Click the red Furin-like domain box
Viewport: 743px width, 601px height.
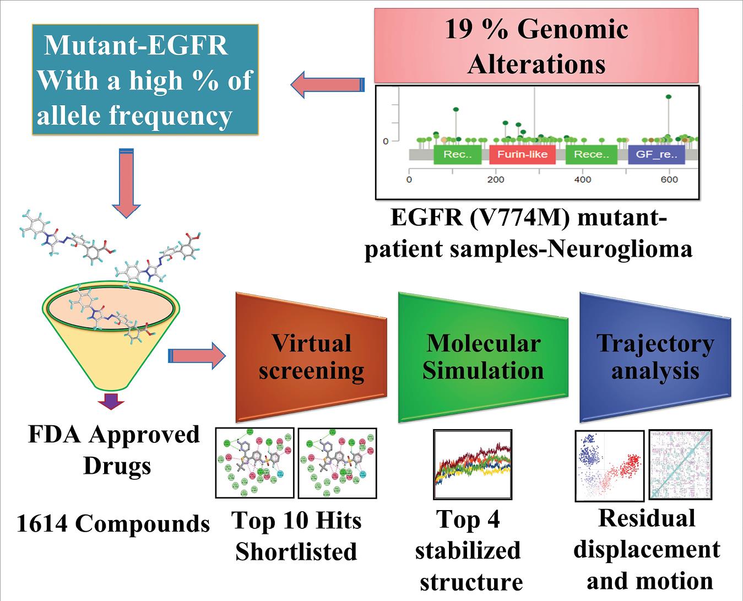[522, 154]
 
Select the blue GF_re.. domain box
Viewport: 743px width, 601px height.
[656, 154]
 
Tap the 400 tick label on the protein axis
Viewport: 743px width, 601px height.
[582, 180]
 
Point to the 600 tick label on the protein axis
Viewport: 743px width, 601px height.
[669, 180]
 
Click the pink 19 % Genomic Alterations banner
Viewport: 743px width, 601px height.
[536, 46]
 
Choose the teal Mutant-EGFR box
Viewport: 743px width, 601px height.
[145, 80]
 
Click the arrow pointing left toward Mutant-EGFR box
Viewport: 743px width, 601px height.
[327, 84]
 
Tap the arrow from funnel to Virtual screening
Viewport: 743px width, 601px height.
[196, 356]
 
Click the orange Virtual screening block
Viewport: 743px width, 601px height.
[311, 356]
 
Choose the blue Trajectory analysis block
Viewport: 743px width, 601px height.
[654, 356]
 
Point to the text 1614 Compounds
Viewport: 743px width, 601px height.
[113, 523]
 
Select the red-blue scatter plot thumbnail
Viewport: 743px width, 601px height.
[609, 465]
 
